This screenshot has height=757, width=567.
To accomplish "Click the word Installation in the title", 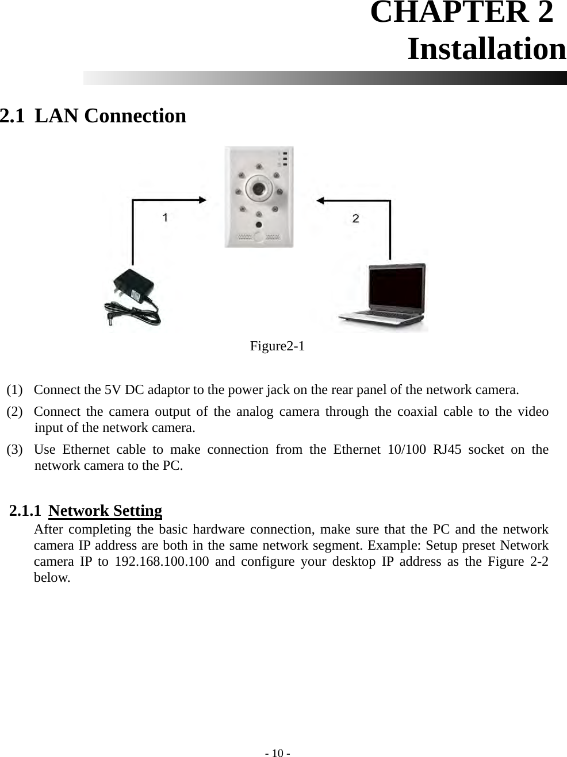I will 486,49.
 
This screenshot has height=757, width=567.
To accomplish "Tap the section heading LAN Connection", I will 110,116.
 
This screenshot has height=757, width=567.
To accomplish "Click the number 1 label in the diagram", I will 166,218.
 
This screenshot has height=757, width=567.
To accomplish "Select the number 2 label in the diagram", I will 356,218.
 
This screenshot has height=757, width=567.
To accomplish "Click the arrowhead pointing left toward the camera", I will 320,200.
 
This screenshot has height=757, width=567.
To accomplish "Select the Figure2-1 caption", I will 277,346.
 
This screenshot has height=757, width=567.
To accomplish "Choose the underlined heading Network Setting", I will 105,511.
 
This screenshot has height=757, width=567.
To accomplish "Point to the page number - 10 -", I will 277,753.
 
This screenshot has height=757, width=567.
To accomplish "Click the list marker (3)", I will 16,450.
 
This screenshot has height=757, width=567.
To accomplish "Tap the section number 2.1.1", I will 25,511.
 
